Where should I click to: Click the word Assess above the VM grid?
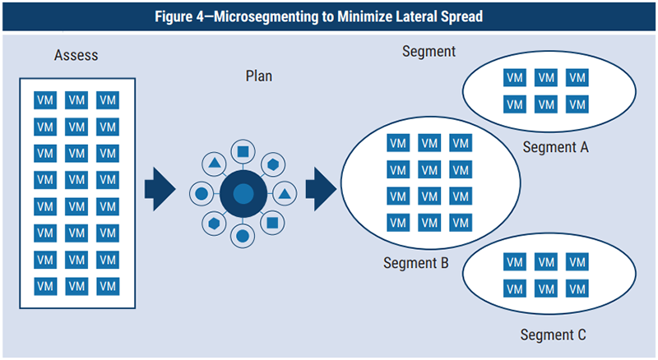pyautogui.click(x=76, y=56)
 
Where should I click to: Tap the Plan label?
pyautogui.click(x=259, y=76)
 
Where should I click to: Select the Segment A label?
pyautogui.click(x=555, y=147)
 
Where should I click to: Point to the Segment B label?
pyautogui.click(x=416, y=264)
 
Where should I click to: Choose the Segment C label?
pyautogui.click(x=554, y=335)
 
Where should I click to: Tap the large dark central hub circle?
pyautogui.click(x=243, y=194)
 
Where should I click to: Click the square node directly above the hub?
pyautogui.click(x=243, y=151)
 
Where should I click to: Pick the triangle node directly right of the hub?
pyautogui.click(x=284, y=194)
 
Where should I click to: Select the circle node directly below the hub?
pyautogui.click(x=243, y=237)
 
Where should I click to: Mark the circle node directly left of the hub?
pyautogui.click(x=201, y=194)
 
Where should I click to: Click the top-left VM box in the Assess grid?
pyautogui.click(x=45, y=99)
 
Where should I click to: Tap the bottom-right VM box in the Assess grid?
pyautogui.click(x=107, y=286)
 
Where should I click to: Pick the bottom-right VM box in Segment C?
pyautogui.click(x=577, y=289)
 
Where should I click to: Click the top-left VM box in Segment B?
pyautogui.click(x=398, y=143)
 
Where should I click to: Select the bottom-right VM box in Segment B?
pyautogui.click(x=461, y=223)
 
